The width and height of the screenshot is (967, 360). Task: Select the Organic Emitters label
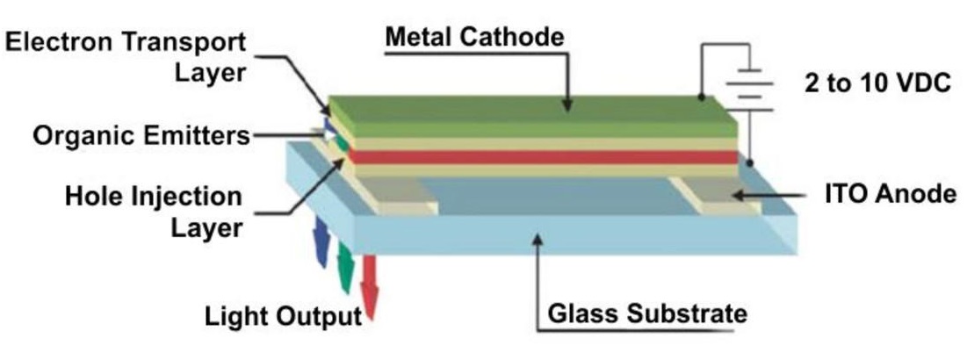(141, 136)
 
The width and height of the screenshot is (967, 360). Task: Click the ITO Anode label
(888, 194)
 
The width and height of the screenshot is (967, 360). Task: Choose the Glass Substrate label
(646, 313)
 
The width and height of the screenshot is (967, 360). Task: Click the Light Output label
(283, 316)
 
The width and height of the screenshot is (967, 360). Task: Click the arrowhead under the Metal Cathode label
(568, 104)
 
